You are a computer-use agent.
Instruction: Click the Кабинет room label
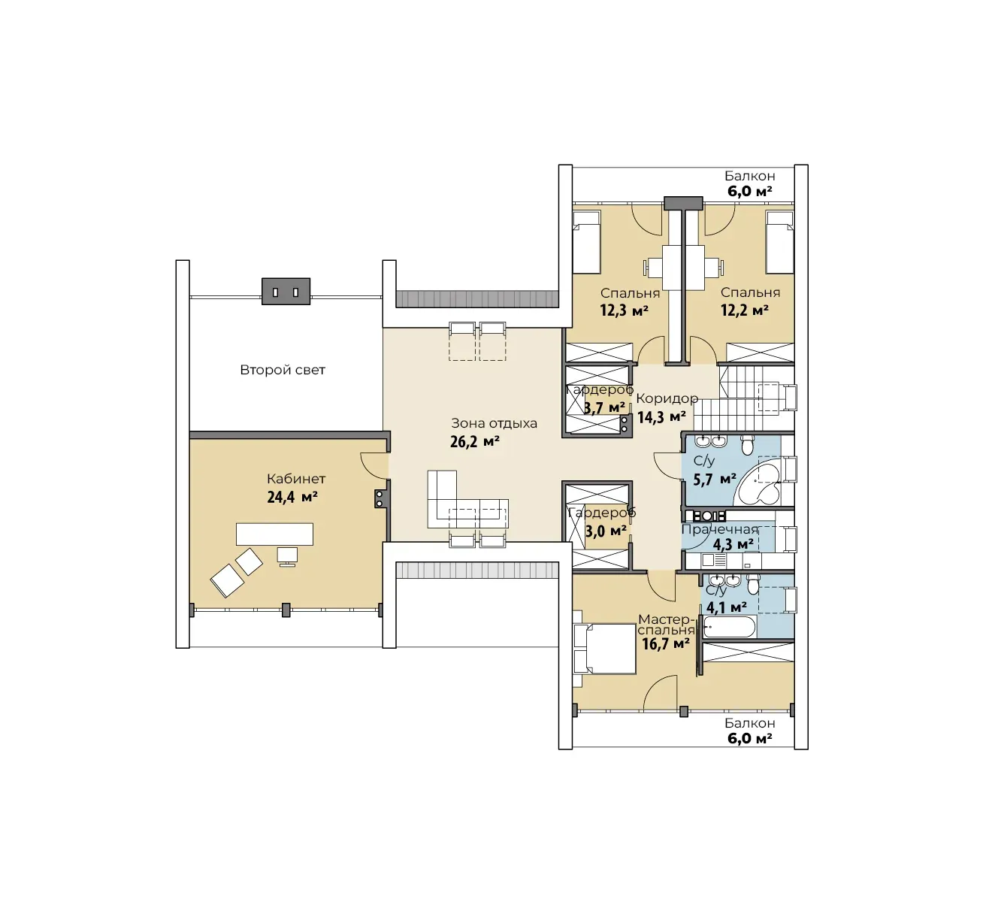(x=296, y=479)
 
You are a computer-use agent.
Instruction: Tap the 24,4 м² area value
(x=292, y=497)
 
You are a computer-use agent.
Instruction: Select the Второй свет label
(x=283, y=370)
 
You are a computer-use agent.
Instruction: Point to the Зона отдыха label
(x=494, y=424)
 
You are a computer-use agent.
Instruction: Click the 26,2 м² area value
(x=475, y=441)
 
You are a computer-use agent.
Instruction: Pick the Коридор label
(x=667, y=398)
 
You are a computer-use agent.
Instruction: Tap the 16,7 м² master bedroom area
(x=666, y=643)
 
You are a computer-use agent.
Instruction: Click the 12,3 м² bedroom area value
(x=624, y=310)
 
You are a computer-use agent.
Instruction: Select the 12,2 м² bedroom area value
(x=745, y=310)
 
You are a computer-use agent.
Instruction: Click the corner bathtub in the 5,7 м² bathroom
(x=757, y=483)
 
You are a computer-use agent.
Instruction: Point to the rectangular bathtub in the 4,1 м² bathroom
(x=730, y=627)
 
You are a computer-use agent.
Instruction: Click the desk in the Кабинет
(x=274, y=534)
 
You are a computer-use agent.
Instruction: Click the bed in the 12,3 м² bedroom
(x=587, y=242)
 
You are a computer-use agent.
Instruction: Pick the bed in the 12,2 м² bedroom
(x=779, y=242)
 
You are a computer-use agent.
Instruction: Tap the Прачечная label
(x=720, y=530)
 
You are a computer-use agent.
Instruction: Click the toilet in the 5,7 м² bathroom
(x=748, y=445)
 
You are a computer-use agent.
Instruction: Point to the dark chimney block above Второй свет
(x=286, y=292)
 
